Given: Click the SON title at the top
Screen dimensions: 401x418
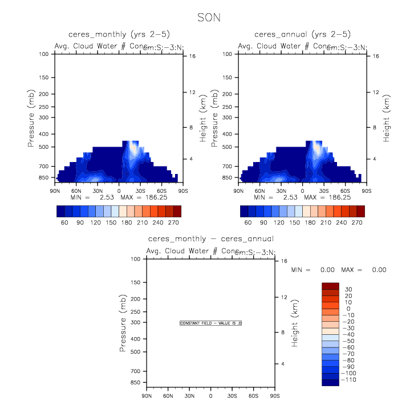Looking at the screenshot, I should tap(209, 18).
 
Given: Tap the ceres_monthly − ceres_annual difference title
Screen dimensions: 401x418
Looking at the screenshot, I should tap(210, 238).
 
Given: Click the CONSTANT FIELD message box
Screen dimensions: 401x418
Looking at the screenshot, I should tap(211, 323).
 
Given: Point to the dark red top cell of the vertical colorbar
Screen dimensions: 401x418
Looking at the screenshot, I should tap(331, 286).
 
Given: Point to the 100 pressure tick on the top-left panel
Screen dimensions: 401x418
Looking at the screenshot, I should tap(44, 54).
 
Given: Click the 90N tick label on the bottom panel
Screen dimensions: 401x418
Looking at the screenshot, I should tap(147, 396).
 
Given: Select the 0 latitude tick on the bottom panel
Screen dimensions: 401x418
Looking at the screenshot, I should tap(210, 396).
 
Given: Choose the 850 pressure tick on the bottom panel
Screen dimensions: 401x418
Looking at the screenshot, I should tap(136, 382).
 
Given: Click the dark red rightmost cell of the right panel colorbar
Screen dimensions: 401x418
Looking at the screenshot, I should tap(360, 210).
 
